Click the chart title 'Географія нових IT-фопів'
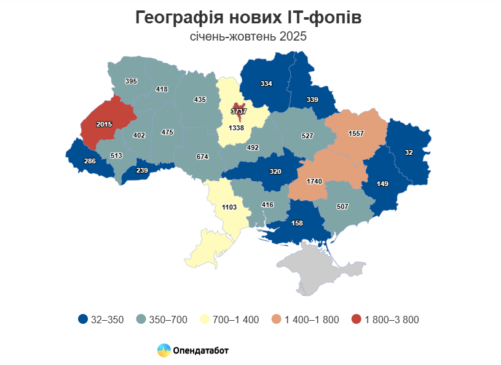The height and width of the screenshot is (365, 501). click(248, 18)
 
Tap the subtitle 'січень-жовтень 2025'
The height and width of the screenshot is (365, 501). click(248, 37)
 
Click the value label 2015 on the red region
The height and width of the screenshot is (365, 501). click(104, 124)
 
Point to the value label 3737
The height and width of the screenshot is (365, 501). click(238, 111)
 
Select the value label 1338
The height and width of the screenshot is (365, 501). click(237, 128)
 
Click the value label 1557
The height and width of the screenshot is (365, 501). click(356, 133)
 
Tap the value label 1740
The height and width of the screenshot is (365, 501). click(314, 182)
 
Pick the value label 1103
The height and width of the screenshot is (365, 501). click(229, 208)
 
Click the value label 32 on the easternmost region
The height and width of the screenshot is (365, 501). click(409, 152)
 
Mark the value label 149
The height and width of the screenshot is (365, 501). click(382, 182)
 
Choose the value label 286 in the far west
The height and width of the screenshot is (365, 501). click(90, 161)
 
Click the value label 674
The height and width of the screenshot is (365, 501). click(202, 157)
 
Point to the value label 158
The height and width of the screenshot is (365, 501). click(297, 223)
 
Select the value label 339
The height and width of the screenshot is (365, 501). click(312, 100)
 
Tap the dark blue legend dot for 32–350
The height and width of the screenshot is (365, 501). click(82, 320)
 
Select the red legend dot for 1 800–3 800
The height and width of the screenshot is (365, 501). click(356, 320)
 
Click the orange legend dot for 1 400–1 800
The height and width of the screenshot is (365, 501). click(277, 320)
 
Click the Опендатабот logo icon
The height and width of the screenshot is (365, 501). click(164, 351)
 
